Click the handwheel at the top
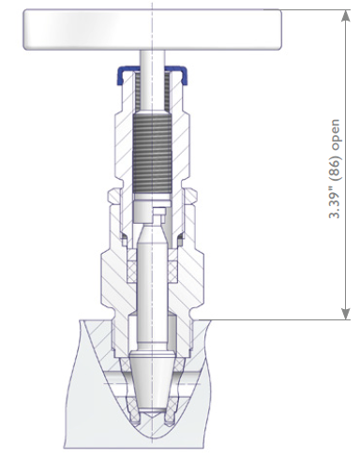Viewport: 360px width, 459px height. (x=153, y=29)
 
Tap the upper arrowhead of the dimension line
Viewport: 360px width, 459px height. (x=345, y=16)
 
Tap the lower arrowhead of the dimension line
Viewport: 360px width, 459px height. (x=345, y=314)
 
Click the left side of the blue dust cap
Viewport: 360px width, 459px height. (x=120, y=75)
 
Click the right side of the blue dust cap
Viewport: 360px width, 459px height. (x=184, y=75)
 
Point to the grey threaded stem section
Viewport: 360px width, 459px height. (x=153, y=153)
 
